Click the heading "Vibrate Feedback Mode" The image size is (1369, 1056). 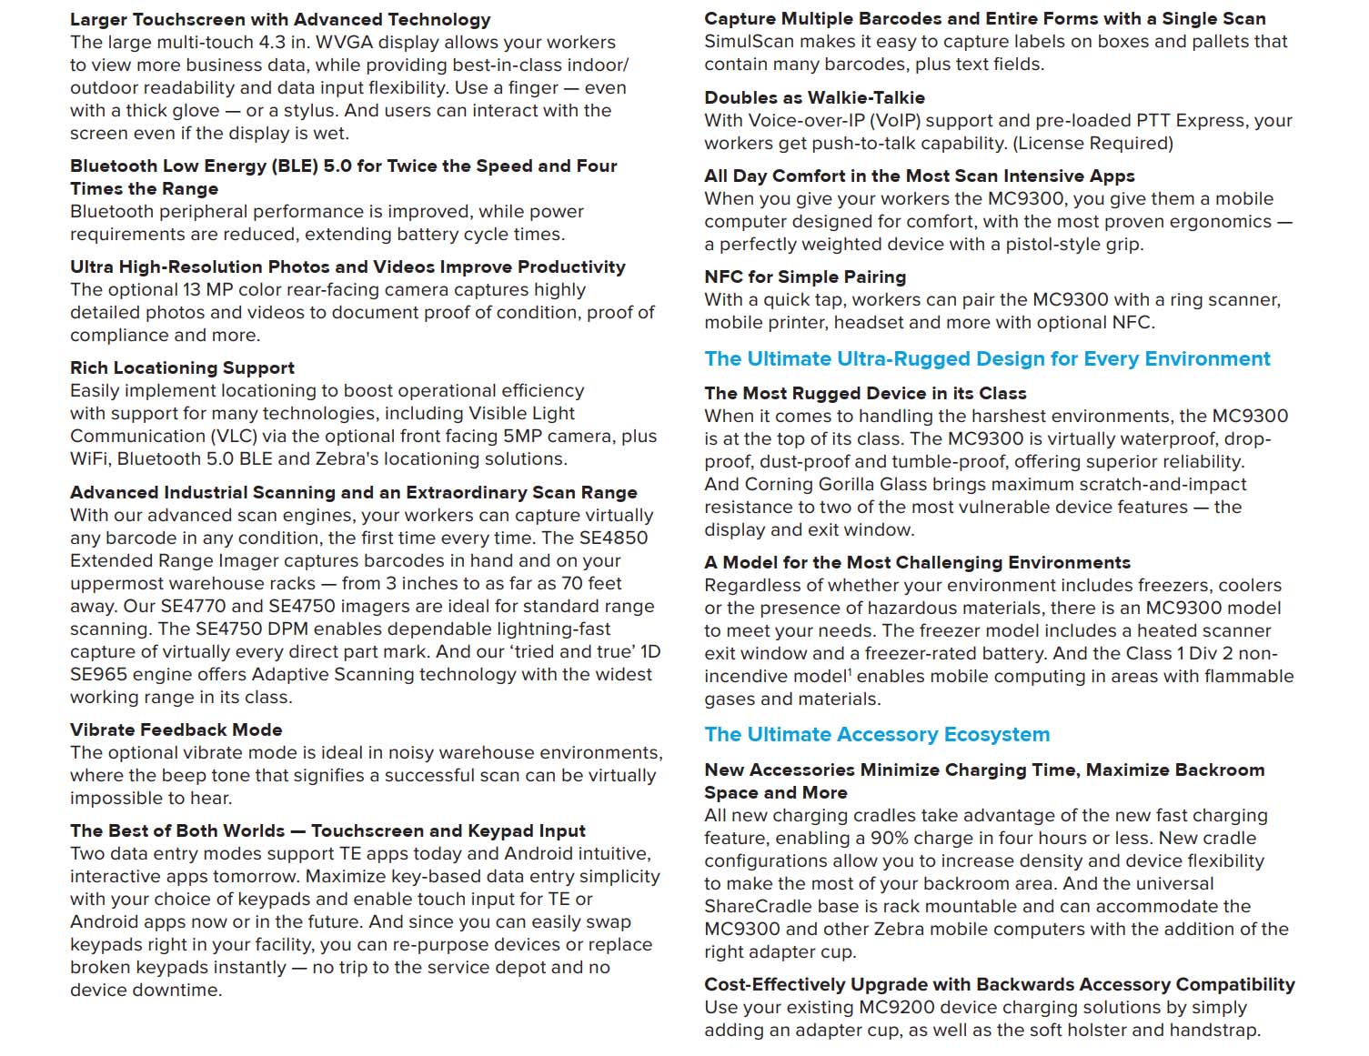(x=176, y=729)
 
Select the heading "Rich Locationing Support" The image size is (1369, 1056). (x=182, y=367)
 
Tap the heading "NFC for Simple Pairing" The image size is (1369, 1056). (x=805, y=277)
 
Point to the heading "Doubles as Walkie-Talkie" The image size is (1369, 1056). (x=814, y=97)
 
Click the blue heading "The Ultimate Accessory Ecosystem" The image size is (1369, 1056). (x=877, y=734)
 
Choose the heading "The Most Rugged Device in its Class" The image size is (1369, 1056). (x=865, y=393)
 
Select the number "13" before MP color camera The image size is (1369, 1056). (x=192, y=289)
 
